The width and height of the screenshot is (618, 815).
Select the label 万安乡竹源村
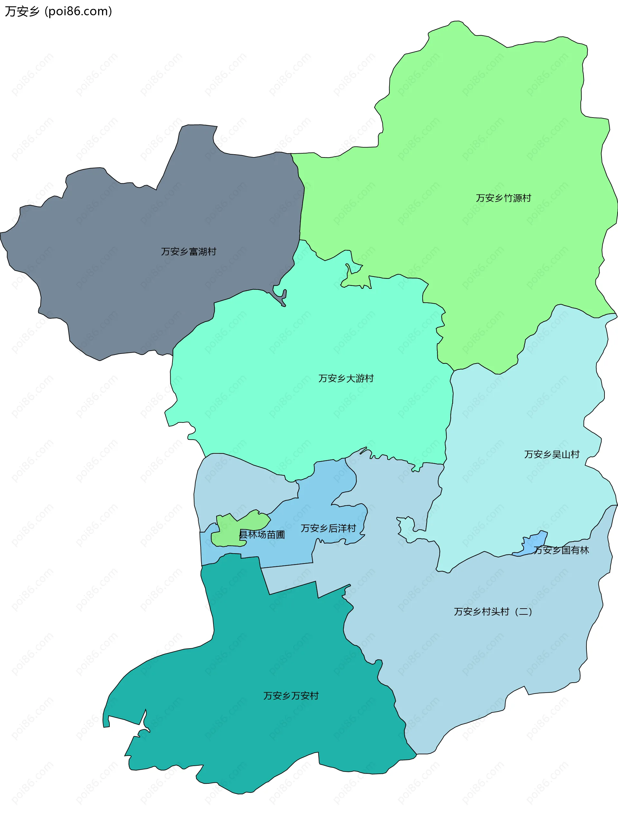click(503, 198)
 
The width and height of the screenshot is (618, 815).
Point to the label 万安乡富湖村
click(189, 251)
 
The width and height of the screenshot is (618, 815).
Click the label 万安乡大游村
click(346, 378)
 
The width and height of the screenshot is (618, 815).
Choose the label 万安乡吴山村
click(552, 454)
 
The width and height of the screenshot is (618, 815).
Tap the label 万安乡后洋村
click(328, 528)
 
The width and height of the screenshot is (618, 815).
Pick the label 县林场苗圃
click(262, 535)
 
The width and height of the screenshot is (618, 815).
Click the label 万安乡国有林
click(561, 550)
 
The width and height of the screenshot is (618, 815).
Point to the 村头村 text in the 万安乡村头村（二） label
click(495, 611)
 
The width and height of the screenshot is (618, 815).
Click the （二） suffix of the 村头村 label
click(523, 611)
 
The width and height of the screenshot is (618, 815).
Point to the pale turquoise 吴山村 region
click(523, 405)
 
